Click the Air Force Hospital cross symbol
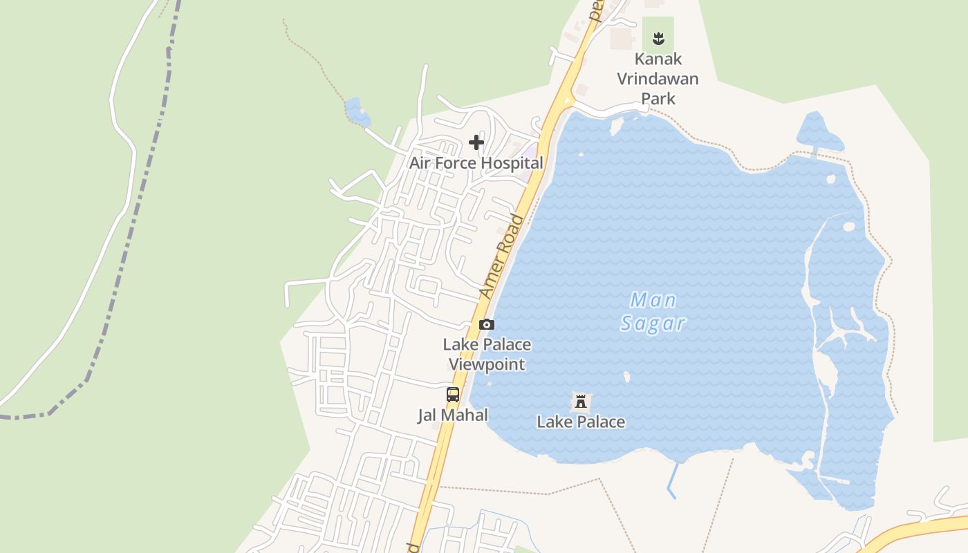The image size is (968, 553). [476, 142]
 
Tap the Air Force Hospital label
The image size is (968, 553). [476, 163]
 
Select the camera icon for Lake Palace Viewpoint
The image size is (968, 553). [487, 324]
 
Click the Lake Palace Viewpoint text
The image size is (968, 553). [487, 354]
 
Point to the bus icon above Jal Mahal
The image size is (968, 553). [453, 395]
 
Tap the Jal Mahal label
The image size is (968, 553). [453, 415]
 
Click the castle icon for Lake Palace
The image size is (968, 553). [581, 401]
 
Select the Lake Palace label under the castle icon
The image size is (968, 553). [581, 422]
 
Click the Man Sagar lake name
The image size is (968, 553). [653, 312]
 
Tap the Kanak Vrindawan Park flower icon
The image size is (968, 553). [658, 38]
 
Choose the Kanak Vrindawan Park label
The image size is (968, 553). [658, 78]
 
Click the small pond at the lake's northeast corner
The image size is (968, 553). [820, 132]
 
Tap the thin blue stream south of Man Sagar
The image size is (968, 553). [672, 481]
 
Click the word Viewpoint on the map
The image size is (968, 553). [487, 364]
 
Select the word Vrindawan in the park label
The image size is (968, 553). [658, 78]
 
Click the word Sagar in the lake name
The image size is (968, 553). [653, 323]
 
